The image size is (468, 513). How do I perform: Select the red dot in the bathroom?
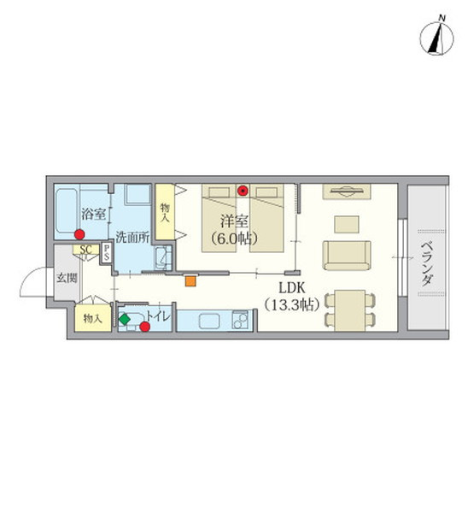pyautogui.click(x=79, y=235)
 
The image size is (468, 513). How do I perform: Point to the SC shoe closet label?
pyautogui.click(x=85, y=250)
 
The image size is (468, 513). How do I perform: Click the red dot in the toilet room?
pyautogui.click(x=145, y=326)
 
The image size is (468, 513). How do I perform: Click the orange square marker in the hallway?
pyautogui.click(x=190, y=279)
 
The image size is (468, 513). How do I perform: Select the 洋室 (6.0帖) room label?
pyautogui.click(x=231, y=228)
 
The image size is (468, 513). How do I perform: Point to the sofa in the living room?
pyautogui.click(x=346, y=254)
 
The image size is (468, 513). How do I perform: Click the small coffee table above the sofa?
pyautogui.click(x=346, y=223)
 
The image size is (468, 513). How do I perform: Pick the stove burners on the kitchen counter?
pyautogui.click(x=240, y=321)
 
